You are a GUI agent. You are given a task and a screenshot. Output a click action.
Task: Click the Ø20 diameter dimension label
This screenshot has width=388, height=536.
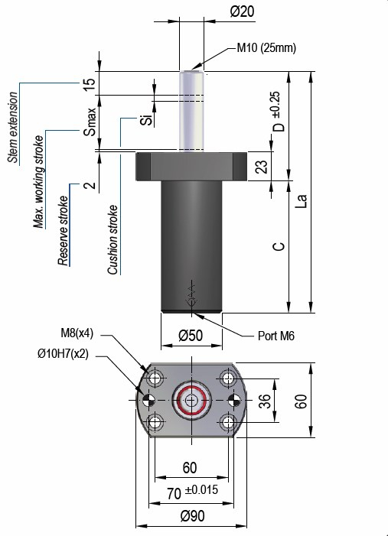click(243, 11)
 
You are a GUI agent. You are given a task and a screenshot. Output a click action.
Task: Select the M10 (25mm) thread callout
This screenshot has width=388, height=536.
click(266, 47)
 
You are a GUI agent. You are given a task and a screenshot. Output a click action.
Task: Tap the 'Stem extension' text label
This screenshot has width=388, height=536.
click(13, 127)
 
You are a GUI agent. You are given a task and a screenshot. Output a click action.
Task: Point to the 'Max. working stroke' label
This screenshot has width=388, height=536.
click(39, 181)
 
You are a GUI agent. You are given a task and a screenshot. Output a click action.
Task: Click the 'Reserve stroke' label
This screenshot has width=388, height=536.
click(63, 230)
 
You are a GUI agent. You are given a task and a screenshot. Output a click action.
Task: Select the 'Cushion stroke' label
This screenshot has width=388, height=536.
click(112, 239)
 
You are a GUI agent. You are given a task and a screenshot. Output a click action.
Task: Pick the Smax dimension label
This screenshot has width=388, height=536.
click(90, 122)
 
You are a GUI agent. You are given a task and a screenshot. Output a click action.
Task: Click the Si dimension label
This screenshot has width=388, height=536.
click(146, 120)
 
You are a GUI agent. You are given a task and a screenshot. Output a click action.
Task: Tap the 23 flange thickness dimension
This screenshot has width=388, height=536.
click(262, 166)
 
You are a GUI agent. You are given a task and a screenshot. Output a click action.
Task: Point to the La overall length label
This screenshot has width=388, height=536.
click(302, 201)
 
